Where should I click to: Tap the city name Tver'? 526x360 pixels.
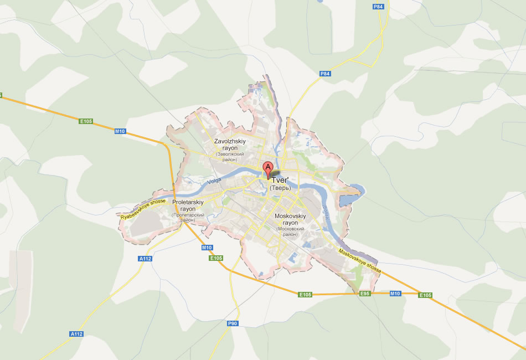click(x=280, y=180)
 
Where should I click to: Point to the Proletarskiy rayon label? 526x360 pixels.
click(x=188, y=206)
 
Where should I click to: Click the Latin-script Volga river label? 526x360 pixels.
click(x=214, y=181)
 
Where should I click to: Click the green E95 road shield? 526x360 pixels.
click(x=364, y=293)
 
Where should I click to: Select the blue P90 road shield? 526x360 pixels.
click(x=233, y=323)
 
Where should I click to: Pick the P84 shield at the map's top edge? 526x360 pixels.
click(x=378, y=7)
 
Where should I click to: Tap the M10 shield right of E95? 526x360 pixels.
click(x=395, y=293)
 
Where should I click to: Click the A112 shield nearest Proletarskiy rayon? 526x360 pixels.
click(x=145, y=259)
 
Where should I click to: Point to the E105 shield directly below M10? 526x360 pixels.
click(x=216, y=258)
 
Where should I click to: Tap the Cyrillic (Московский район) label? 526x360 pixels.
click(x=290, y=232)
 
